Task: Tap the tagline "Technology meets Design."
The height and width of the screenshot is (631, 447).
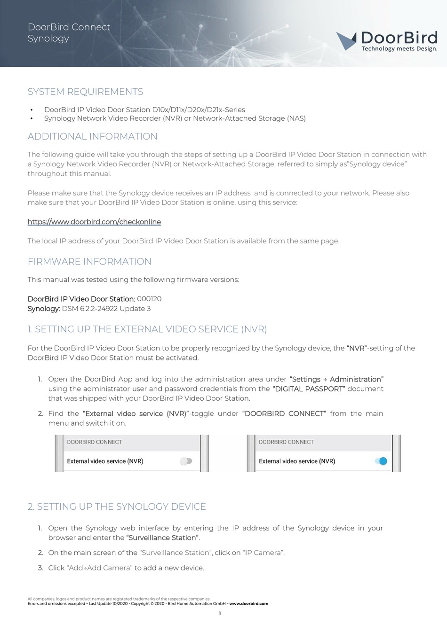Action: [399, 48]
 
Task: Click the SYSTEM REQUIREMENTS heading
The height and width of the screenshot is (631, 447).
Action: [85, 92]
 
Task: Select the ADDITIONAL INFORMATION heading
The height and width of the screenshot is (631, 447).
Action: [92, 137]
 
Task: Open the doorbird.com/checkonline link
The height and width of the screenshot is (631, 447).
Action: [94, 222]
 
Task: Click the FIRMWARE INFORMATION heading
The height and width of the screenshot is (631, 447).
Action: [89, 262]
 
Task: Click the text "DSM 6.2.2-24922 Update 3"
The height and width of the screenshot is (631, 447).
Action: [106, 309]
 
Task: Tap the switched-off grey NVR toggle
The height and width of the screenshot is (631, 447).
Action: [186, 461]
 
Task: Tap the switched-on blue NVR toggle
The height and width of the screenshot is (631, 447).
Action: [381, 461]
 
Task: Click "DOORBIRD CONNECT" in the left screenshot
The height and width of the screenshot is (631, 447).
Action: [94, 442]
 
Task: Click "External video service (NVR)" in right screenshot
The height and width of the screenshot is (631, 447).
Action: [297, 461]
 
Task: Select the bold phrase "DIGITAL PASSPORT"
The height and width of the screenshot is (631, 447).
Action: [309, 389]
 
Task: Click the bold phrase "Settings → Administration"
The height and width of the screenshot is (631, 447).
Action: [337, 379]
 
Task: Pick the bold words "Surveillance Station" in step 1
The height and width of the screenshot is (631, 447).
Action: [162, 538]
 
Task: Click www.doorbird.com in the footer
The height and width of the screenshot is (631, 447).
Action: [248, 604]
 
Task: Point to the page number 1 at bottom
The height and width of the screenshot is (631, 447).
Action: [219, 613]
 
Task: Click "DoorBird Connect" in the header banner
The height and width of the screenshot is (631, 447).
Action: [69, 27]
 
